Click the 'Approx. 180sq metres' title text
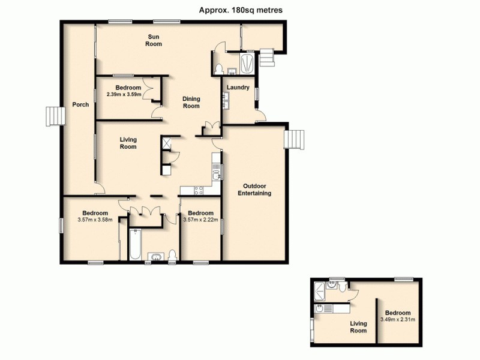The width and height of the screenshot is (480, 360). (241, 10)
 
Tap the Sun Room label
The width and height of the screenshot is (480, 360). (154, 40)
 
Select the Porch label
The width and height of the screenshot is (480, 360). (80, 104)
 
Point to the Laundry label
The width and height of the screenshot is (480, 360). (238, 88)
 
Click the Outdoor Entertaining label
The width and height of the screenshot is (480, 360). (254, 189)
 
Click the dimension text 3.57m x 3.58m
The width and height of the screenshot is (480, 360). (95, 220)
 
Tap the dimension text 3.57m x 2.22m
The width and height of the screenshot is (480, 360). (200, 220)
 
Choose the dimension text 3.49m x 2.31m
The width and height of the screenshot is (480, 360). (398, 319)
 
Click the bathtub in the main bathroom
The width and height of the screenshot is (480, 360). (134, 246)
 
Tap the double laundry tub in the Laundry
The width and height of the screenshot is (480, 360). (224, 102)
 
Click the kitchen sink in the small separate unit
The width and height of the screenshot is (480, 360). (322, 309)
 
